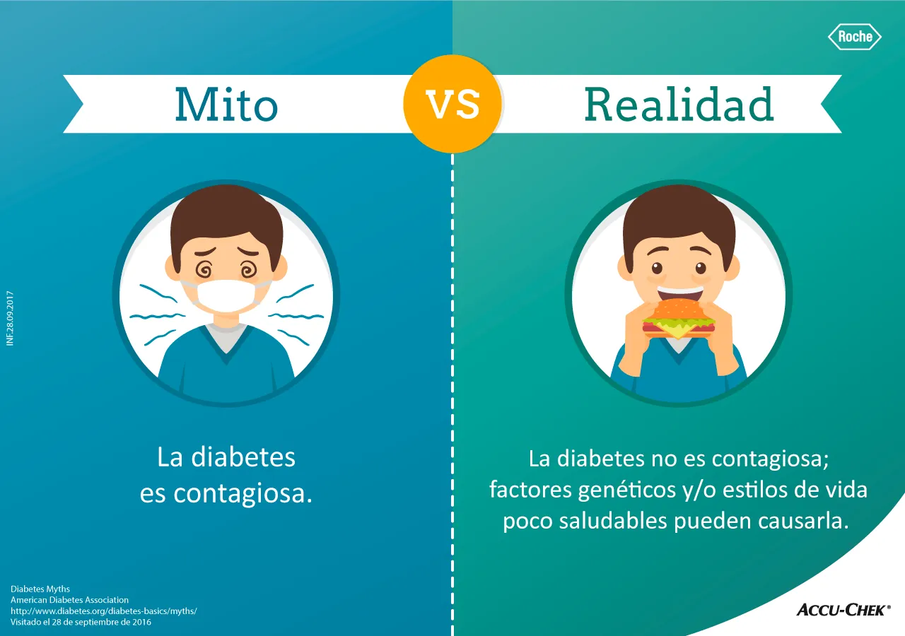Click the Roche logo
[855, 37]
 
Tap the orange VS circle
[452, 104]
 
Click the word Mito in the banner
[226, 105]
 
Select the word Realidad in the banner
[679, 105]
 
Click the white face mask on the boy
[226, 296]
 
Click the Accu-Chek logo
[843, 609]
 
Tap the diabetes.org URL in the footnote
[103, 611]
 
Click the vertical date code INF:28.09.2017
[10, 318]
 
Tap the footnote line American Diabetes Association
[69, 600]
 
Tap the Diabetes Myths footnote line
[40, 589]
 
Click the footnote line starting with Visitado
[81, 623]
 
